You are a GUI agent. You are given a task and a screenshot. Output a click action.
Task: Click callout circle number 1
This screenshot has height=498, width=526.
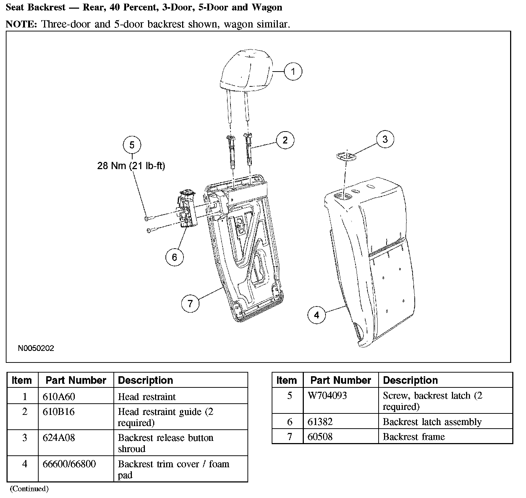coord(293,71)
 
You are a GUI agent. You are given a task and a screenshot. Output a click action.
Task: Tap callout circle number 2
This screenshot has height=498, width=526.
coord(285,140)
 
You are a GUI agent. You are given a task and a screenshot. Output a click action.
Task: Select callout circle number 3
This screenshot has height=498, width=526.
coord(385,139)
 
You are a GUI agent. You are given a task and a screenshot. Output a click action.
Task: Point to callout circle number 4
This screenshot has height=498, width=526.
coord(316,315)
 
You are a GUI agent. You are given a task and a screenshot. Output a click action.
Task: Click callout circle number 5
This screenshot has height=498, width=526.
coord(132,145)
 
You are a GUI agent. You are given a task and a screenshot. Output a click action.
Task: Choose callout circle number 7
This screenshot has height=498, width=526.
coord(190,304)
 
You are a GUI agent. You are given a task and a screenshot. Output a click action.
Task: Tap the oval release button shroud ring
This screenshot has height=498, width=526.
coord(346,156)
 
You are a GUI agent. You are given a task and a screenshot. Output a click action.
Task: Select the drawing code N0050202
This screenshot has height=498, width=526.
coord(36,348)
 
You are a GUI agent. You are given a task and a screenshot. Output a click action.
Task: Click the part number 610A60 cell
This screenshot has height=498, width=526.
coord(59,396)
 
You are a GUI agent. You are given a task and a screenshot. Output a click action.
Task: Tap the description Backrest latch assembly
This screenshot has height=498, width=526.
coord(432,422)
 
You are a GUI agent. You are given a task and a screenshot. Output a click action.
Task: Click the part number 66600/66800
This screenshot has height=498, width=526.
coord(69,464)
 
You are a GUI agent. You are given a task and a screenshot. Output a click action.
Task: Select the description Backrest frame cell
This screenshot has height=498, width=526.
coord(414,437)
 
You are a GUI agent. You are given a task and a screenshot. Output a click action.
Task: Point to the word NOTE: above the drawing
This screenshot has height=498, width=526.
coord(21,24)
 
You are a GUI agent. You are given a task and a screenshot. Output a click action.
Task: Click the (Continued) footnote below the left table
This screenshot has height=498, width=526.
coord(29,489)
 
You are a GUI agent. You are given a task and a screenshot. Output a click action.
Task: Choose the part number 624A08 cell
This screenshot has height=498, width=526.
coord(59,438)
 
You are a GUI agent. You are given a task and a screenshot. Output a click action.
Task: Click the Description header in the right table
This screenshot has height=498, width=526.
coord(410,380)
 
